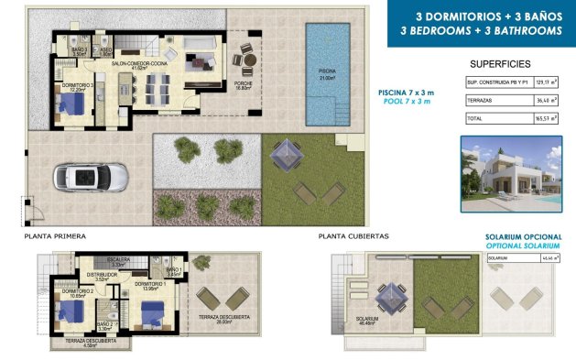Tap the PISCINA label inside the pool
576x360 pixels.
(327, 71)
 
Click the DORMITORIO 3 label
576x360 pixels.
(76, 85)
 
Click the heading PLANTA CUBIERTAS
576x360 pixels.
(353, 235)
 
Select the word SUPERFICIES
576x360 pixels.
(500, 65)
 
